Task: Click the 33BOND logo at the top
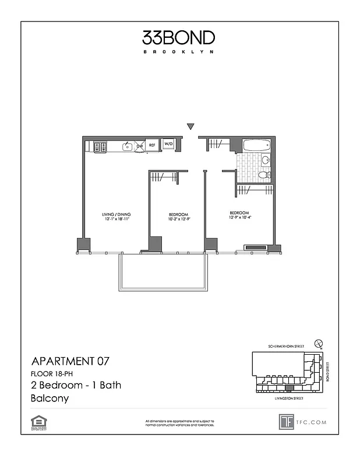(x=179, y=38)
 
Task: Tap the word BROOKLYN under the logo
(x=179, y=52)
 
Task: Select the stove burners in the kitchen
(x=99, y=147)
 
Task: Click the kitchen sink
(x=127, y=147)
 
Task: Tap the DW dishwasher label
(x=140, y=146)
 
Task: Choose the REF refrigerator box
(x=153, y=145)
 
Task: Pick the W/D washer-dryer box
(x=168, y=144)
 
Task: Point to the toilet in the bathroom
(x=264, y=174)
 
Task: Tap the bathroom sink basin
(x=266, y=160)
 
